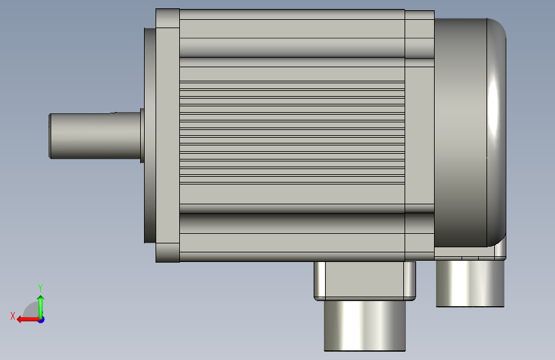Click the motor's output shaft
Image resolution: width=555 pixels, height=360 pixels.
pos(95,136)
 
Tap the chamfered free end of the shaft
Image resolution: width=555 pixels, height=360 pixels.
pos(50,136)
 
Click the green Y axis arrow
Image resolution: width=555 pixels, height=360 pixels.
pos(41,307)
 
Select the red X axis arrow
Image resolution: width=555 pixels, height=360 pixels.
pos(28,320)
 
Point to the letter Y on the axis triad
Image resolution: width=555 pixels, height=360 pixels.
pos(40,288)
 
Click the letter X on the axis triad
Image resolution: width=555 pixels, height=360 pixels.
pos(13,316)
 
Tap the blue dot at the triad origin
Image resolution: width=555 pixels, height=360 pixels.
pos(42,320)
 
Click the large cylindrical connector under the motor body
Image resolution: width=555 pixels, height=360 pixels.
pos(365,325)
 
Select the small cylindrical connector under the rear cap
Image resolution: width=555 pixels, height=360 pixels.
pos(470,284)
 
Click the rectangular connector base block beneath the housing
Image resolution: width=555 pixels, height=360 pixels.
pos(365,281)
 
